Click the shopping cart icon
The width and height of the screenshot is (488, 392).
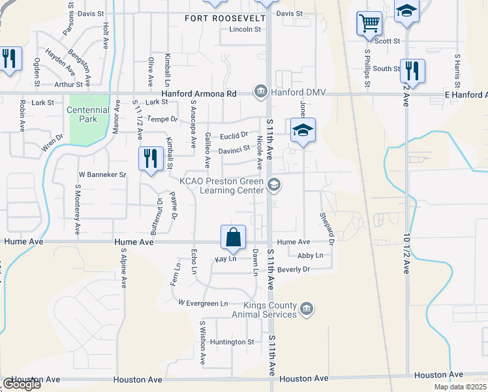pos(369,24)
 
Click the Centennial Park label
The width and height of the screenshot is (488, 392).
pos(87,114)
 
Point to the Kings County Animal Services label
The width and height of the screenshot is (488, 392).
pos(270,309)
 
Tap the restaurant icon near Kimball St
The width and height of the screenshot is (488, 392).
pos(150,159)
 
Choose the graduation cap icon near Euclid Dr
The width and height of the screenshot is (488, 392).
pos(303,131)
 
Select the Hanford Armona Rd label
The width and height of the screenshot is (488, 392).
pos(199,93)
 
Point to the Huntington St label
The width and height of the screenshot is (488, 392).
pos(232,342)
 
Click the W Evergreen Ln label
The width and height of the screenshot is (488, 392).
pos(204,303)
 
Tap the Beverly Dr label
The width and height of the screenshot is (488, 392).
pos(293,269)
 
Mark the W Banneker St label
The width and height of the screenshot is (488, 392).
pos(102,174)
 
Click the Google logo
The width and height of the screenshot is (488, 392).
pos(22,384)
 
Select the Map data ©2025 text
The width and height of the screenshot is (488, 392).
pos(460,387)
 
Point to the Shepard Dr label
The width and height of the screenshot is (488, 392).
pos(327,228)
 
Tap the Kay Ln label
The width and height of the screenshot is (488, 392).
pos(225,259)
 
